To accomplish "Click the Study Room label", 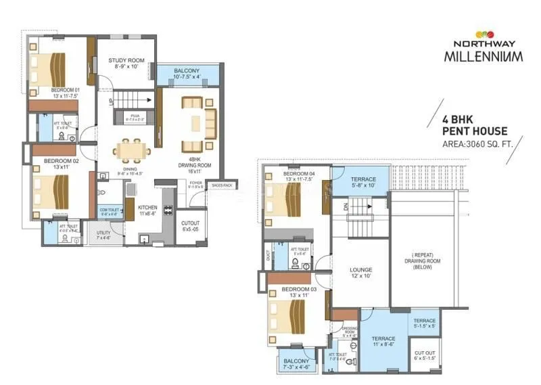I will (126, 64).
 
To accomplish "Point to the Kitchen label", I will (147, 210).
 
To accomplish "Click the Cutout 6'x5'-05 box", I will (191, 226).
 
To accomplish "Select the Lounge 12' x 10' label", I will (361, 273).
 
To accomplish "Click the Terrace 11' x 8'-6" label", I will (382, 341).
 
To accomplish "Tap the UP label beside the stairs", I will (112, 101).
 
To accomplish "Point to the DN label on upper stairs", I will (346, 207).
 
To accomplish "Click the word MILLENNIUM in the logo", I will (483, 55).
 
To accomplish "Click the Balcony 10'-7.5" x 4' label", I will (187, 74).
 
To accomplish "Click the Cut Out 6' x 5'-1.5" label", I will (425, 355).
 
